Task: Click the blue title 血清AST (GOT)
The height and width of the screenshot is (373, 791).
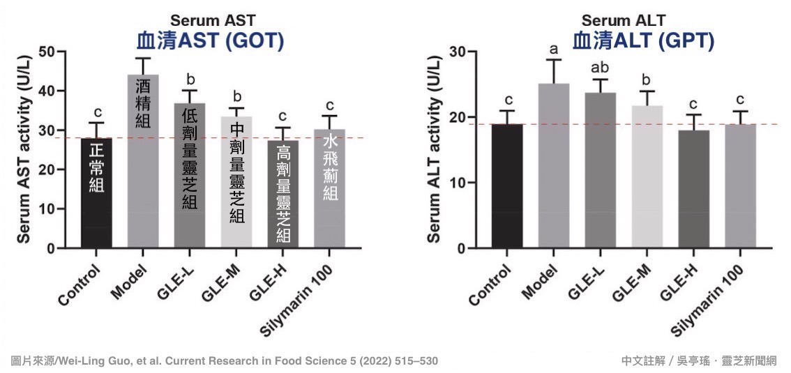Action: pyautogui.click(x=210, y=41)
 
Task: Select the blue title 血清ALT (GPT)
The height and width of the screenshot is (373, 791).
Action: pyautogui.click(x=643, y=41)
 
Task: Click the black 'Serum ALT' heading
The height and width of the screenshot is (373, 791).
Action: pyautogui.click(x=623, y=21)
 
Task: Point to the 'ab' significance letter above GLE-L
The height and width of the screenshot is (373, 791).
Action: pyautogui.click(x=601, y=68)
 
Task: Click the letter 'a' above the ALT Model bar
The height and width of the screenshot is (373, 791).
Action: pyautogui.click(x=554, y=49)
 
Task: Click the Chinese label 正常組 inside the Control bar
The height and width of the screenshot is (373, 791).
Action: pyautogui.click(x=96, y=167)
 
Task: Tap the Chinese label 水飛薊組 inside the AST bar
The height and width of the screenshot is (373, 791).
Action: pyautogui.click(x=329, y=167)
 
